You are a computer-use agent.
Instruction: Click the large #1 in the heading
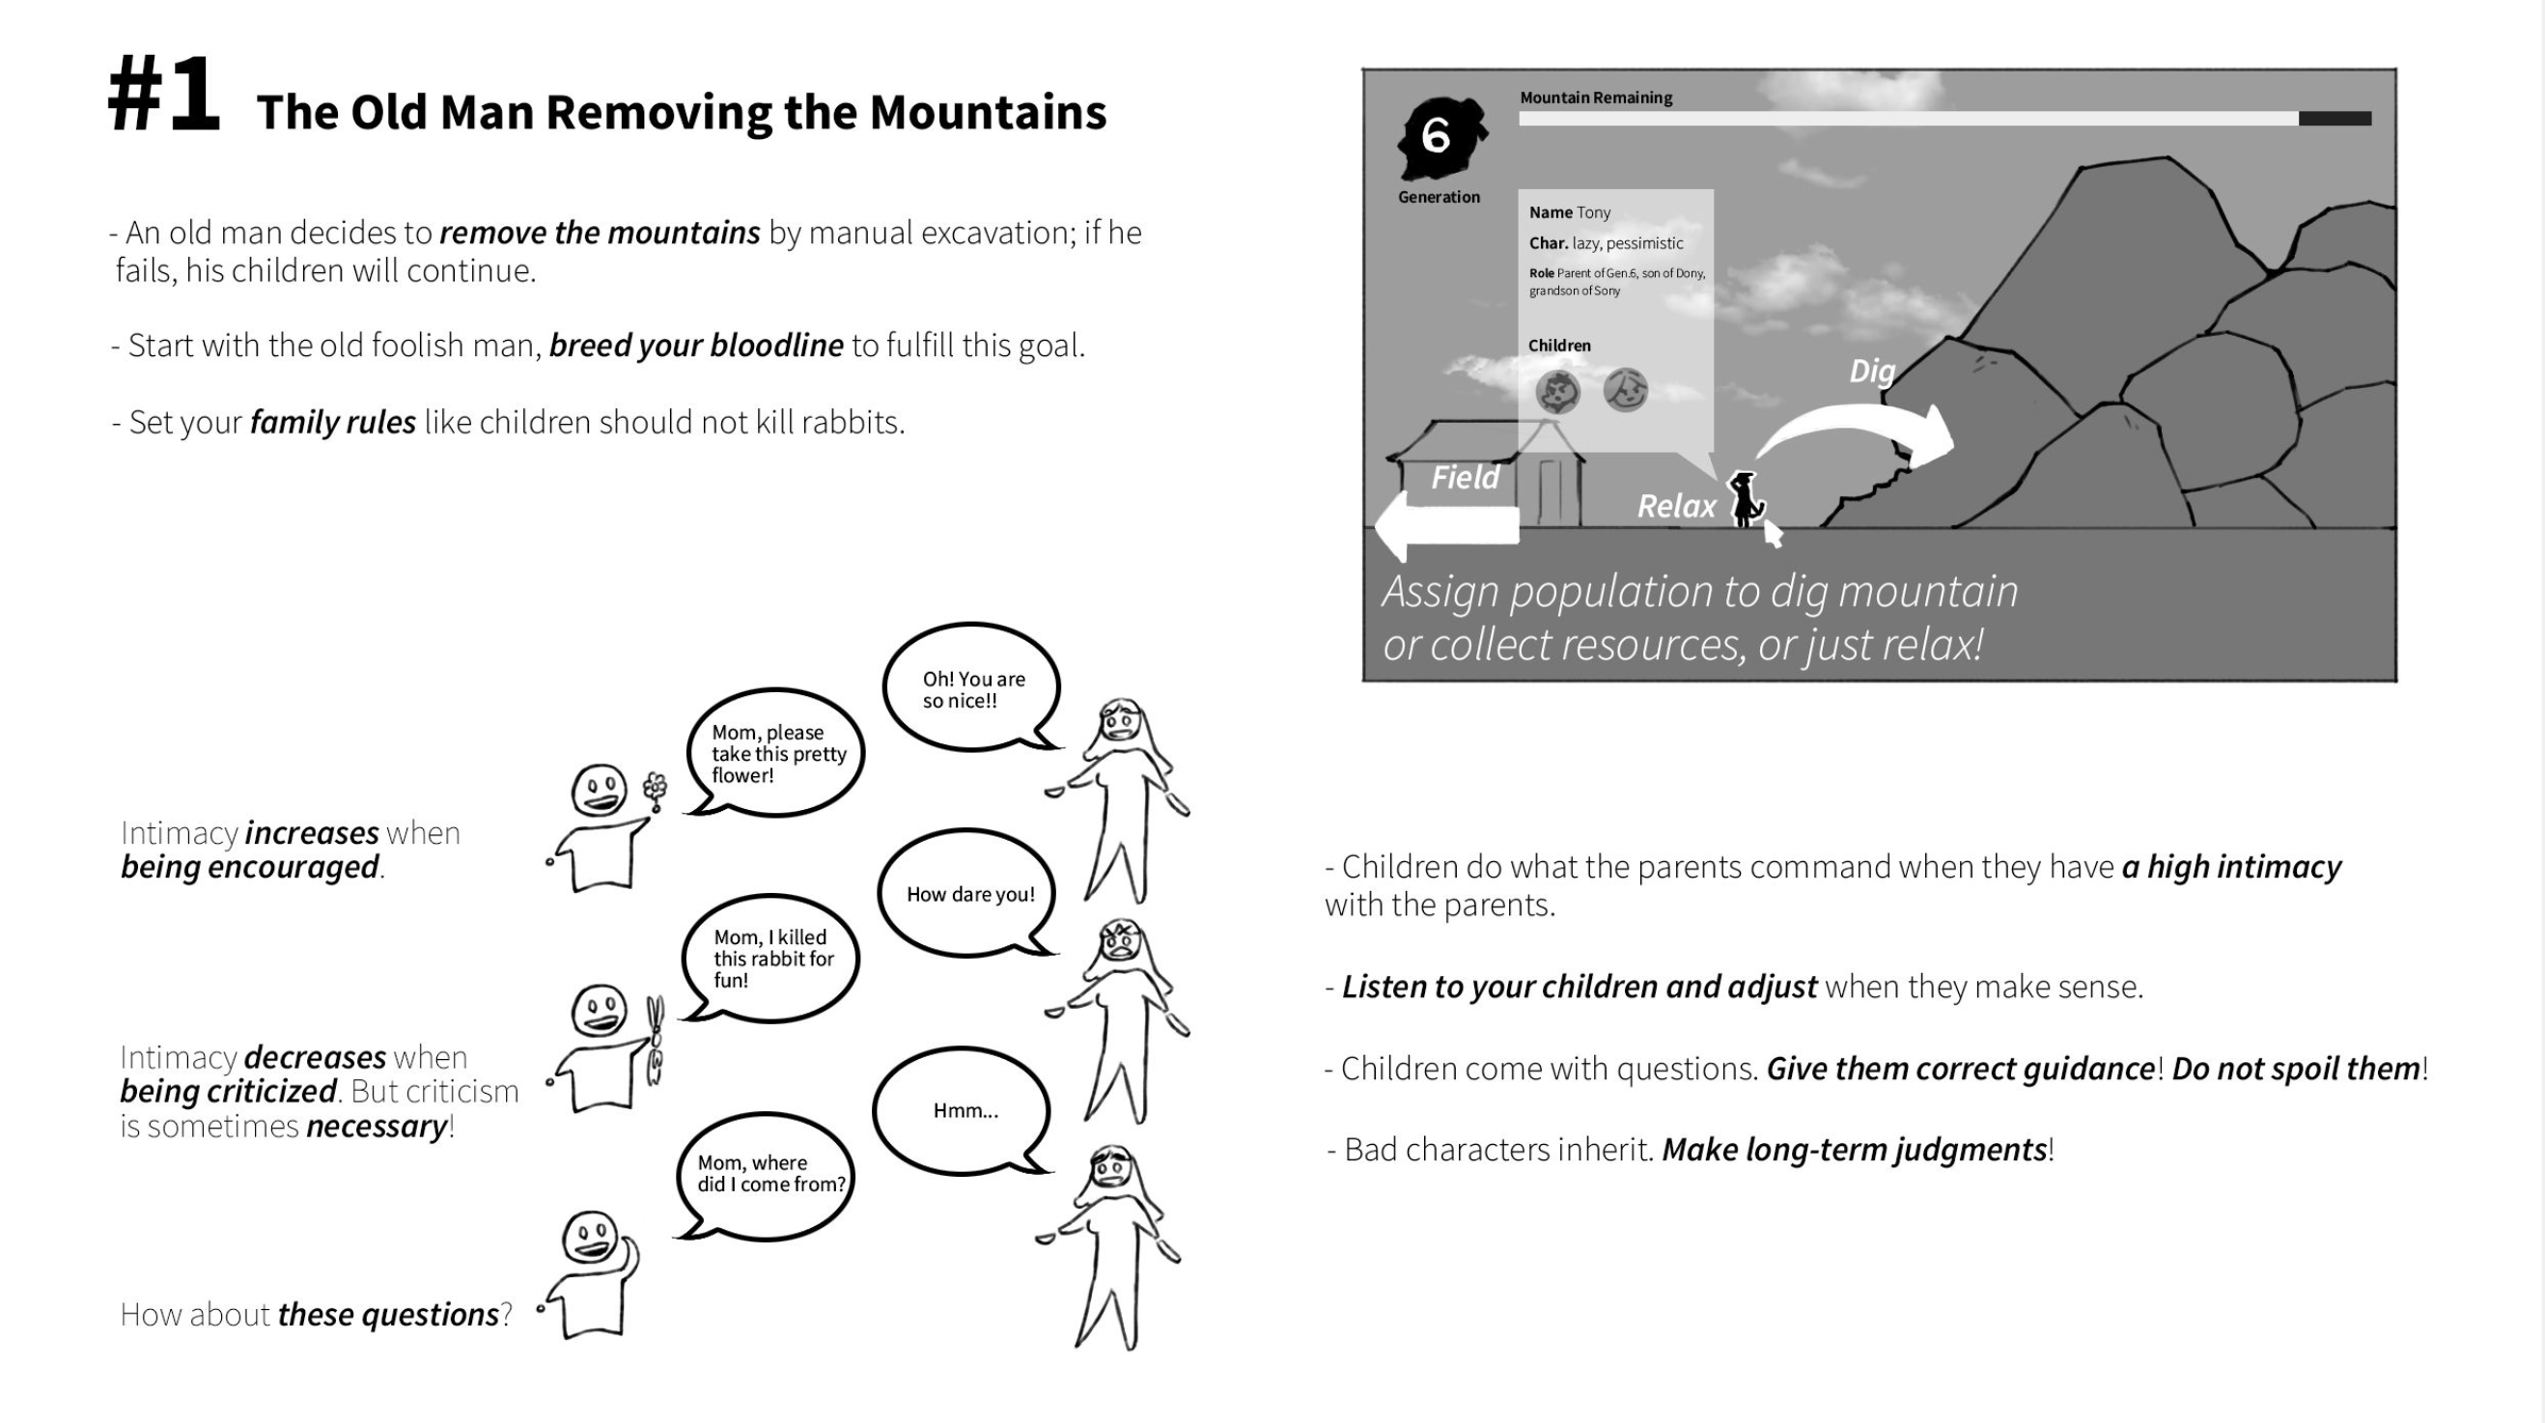point(164,95)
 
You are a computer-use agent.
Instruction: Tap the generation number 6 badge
point(1438,136)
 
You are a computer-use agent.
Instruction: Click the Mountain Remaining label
point(1596,98)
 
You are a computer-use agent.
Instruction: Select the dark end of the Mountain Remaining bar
point(2335,119)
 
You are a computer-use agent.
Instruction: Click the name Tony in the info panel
point(1593,212)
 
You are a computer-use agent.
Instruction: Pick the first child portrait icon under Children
point(1558,392)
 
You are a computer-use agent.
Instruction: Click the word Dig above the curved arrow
point(1872,372)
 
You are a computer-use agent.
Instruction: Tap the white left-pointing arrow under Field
point(1446,525)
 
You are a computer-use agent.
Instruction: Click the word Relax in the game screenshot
point(1676,507)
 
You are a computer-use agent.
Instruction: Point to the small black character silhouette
point(1744,499)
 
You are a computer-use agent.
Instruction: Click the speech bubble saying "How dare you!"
point(969,893)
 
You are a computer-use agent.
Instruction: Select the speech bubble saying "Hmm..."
point(965,1111)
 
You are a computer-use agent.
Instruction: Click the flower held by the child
point(654,789)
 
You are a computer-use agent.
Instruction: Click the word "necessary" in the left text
point(377,1127)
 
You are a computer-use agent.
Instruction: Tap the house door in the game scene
point(1550,491)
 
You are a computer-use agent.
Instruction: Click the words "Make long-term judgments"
point(1854,1149)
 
